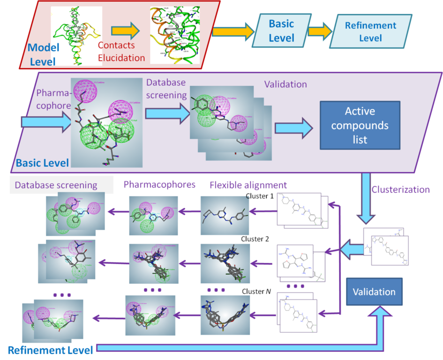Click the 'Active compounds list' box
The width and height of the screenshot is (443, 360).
point(360,125)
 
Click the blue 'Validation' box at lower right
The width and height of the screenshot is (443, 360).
point(374,292)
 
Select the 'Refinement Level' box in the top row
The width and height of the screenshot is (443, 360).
point(370,31)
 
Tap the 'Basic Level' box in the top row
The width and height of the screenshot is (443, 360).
point(281,30)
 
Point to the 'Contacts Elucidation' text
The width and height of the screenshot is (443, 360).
point(121,52)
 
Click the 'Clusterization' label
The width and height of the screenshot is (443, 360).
point(400,190)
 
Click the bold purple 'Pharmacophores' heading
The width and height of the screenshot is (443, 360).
point(159,184)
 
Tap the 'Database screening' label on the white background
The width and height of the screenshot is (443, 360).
point(56,185)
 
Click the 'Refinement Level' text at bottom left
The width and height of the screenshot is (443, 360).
point(50,350)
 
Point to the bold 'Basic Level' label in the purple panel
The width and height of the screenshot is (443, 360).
point(43,163)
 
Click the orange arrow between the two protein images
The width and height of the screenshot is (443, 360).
point(125,31)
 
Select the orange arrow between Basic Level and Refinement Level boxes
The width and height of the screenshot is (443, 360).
point(319,31)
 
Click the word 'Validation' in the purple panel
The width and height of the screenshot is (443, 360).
point(285,84)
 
